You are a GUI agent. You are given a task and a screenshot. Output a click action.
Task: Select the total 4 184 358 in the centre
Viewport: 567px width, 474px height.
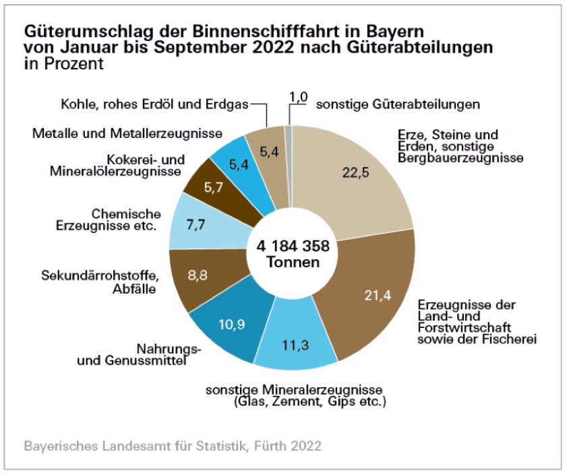click(292, 246)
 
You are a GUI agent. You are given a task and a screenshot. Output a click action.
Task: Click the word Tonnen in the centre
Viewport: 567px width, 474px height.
click(292, 263)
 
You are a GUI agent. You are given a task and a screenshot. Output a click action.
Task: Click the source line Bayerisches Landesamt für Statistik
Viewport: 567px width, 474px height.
click(172, 446)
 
